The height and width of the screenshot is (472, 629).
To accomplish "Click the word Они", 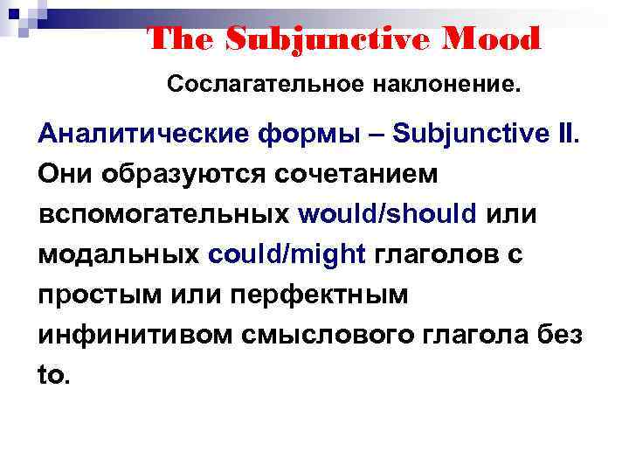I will coord(67,174).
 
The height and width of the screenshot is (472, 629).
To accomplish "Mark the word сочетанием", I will coord(355,174).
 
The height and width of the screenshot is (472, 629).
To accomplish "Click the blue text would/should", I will coord(387,214).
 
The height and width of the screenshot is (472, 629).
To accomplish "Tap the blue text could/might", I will coord(287,254).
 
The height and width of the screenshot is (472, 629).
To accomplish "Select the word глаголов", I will coord(439,254).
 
